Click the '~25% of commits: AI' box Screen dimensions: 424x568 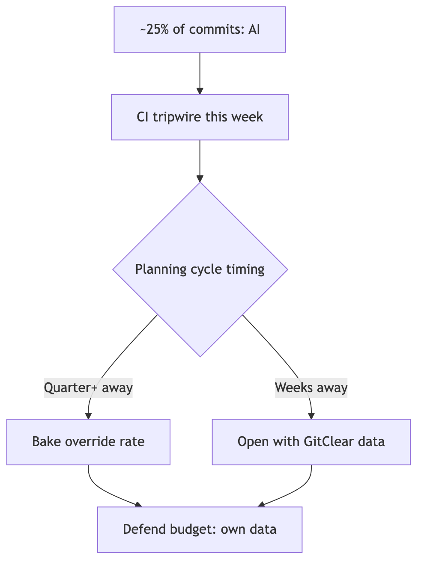(x=200, y=30)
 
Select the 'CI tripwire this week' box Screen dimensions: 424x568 (x=200, y=117)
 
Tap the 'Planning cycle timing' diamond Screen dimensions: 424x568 (x=200, y=269)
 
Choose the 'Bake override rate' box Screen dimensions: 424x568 (x=88, y=442)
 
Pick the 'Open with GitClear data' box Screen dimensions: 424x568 (x=311, y=442)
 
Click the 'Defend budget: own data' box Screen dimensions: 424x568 (x=200, y=530)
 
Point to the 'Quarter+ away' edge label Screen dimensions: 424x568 (x=88, y=388)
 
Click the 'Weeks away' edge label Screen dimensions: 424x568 (x=311, y=388)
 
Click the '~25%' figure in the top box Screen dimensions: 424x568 (x=154, y=29)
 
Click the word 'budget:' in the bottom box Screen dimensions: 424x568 (x=193, y=530)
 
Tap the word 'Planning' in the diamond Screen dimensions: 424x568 (x=161, y=269)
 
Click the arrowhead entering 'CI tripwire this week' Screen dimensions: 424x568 (x=200, y=91)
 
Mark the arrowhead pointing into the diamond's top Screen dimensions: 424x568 (x=200, y=179)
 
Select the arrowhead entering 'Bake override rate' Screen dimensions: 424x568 (x=88, y=416)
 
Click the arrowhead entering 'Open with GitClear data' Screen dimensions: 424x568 (x=311, y=416)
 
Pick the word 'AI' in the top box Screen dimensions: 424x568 (x=254, y=29)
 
